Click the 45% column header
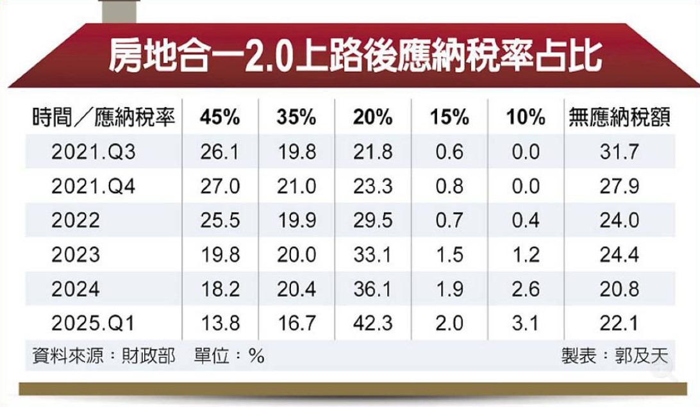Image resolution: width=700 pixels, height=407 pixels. (x=219, y=117)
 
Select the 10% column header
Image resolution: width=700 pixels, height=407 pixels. (x=525, y=117)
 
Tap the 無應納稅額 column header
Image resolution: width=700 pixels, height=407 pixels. (x=619, y=117)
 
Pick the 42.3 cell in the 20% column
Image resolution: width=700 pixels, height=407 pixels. (x=372, y=324)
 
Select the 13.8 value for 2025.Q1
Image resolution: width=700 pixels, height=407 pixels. (x=219, y=324)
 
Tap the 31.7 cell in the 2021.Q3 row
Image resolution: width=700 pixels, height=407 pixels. (x=619, y=152)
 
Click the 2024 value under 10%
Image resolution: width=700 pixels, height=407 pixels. (x=525, y=289)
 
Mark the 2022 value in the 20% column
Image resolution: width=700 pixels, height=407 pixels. (x=372, y=220)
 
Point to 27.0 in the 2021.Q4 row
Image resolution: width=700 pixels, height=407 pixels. (x=219, y=187)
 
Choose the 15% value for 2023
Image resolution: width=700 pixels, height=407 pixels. (x=449, y=255)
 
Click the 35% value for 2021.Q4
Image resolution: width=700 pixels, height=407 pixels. (x=296, y=187)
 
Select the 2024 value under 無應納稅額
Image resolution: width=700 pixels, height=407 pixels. (x=619, y=289)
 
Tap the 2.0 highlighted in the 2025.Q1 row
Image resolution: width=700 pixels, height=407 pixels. (x=449, y=324)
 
